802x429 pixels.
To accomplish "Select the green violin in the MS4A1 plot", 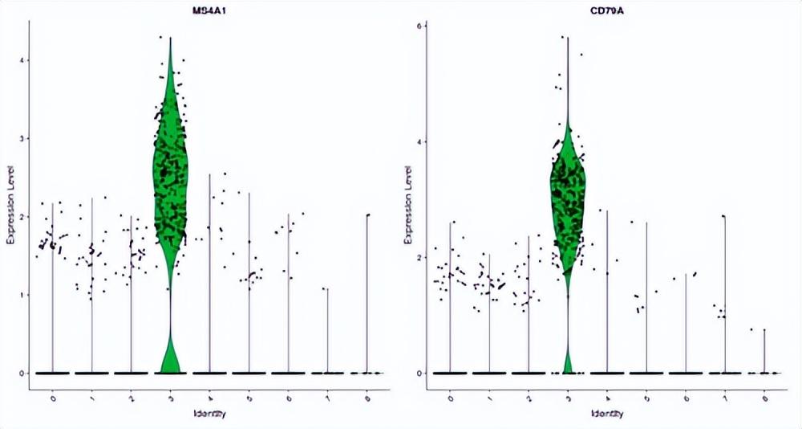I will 170,177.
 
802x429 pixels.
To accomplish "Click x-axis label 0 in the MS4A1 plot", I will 53,398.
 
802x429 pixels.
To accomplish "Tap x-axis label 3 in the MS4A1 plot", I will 170,398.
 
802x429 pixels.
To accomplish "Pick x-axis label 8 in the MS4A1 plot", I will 367,398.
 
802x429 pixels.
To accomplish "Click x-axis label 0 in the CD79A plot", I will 450,398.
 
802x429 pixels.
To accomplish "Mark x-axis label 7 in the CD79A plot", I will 724,398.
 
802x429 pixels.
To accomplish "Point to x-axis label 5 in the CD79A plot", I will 646,398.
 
